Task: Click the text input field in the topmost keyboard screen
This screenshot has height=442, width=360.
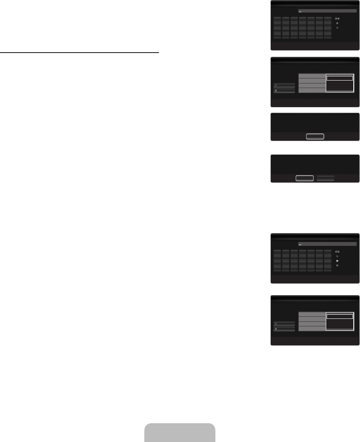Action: click(x=327, y=11)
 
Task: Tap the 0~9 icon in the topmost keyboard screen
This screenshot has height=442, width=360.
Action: click(x=337, y=19)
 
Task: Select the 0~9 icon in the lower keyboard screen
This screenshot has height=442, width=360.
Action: click(x=337, y=252)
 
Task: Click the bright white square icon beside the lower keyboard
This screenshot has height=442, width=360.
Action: click(x=337, y=261)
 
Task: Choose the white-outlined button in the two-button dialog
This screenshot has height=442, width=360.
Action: click(x=305, y=178)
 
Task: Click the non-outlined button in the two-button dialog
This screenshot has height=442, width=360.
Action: click(x=325, y=178)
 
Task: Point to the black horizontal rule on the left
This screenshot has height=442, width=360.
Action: click(x=79, y=53)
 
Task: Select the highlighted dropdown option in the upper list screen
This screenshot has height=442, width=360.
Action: click(x=340, y=78)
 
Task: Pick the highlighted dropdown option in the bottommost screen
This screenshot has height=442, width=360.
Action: click(x=340, y=316)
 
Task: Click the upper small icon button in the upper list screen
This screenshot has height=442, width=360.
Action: click(x=284, y=85)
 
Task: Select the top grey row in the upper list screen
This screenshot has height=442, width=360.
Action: click(x=312, y=76)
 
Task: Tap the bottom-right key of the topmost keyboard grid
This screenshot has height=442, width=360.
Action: click(x=327, y=36)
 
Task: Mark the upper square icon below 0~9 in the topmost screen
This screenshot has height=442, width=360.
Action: click(x=337, y=23)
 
